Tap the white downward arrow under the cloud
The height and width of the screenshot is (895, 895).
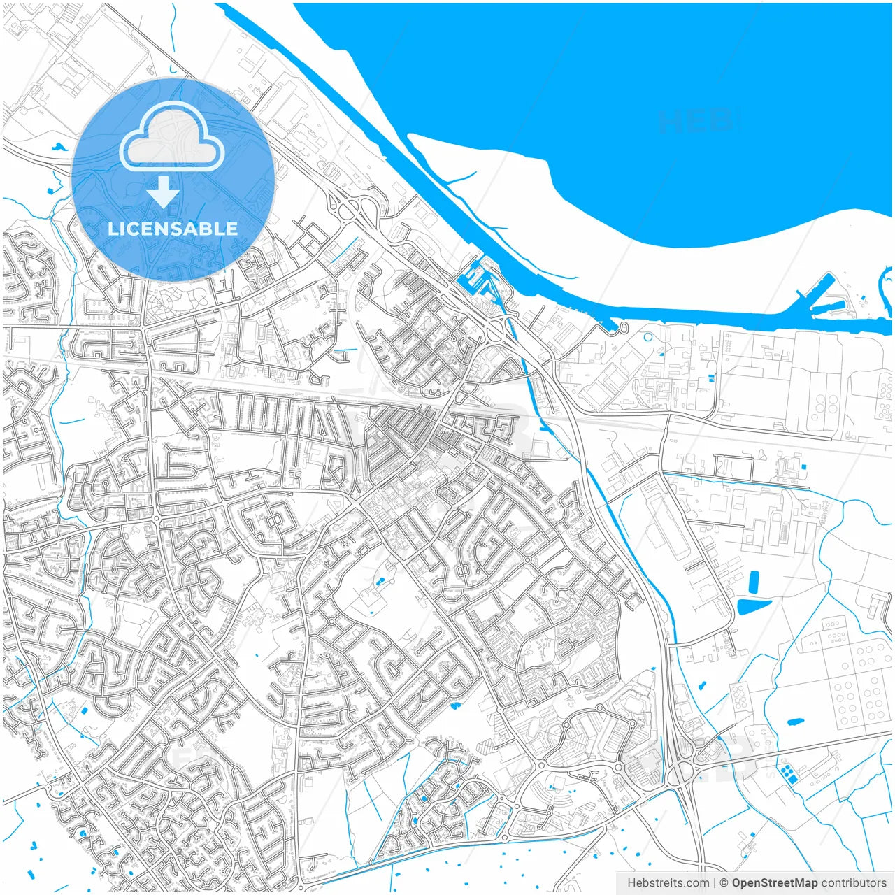[164, 192]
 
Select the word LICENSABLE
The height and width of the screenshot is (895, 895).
[172, 229]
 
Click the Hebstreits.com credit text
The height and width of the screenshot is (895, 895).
[668, 883]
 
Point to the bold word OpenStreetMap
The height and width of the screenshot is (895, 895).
[774, 883]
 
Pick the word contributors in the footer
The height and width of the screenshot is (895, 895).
[854, 883]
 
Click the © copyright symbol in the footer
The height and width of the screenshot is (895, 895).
[724, 883]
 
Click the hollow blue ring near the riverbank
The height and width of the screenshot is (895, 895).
[647, 337]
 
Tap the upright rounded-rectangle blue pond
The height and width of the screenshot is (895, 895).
[753, 581]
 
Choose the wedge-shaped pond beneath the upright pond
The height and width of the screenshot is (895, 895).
[753, 606]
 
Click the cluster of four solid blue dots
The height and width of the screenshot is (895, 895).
[789, 773]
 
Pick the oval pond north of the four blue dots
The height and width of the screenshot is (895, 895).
[795, 721]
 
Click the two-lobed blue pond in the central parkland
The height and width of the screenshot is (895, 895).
[380, 581]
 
